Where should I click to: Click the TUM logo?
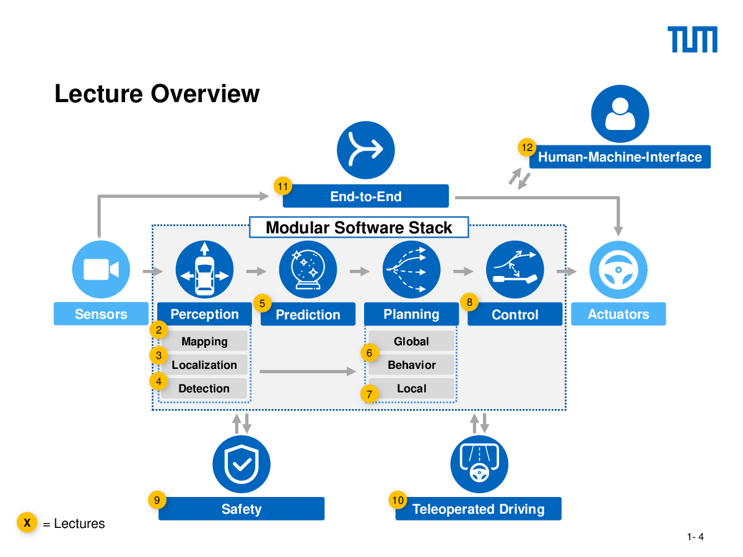[x=692, y=39]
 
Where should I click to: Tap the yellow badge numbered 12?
[x=527, y=147]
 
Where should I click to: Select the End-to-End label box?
[x=365, y=196]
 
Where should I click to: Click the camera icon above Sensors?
[x=101, y=269]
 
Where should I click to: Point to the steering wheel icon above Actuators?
[x=618, y=270]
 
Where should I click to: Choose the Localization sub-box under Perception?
[x=204, y=365]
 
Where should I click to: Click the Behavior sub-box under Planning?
[x=411, y=365]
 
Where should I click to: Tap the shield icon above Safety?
[x=241, y=464]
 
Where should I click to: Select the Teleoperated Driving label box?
[x=478, y=509]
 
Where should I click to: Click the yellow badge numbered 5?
[x=262, y=303]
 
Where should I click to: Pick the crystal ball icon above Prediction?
[x=308, y=269]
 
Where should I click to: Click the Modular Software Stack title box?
[x=358, y=227]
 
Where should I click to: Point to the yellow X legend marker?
[x=27, y=522]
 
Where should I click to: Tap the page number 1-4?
[x=695, y=537]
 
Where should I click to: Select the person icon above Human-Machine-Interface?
[x=620, y=114]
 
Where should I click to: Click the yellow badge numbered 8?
[x=469, y=302]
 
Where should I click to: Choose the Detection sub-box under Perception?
[x=204, y=388]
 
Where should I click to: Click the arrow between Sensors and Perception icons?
[x=153, y=271]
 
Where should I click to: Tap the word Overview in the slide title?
[x=205, y=93]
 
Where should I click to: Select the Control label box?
[x=515, y=314]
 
